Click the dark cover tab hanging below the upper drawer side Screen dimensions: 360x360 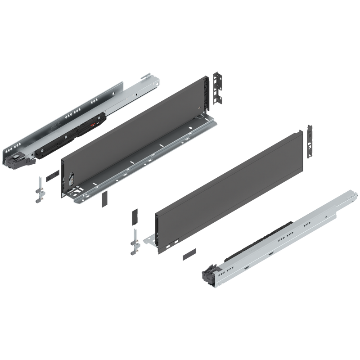click(103, 199)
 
